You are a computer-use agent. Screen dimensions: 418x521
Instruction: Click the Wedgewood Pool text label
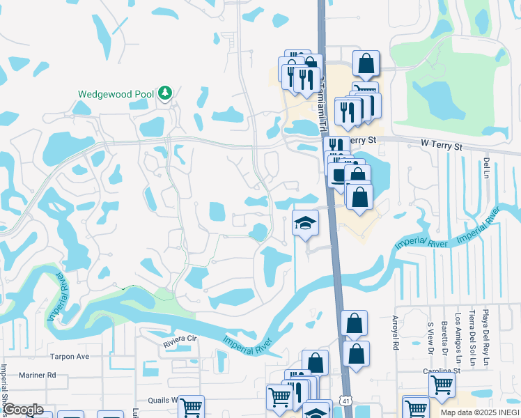[x=115, y=93]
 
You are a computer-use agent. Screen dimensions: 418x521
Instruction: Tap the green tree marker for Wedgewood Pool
[x=165, y=93]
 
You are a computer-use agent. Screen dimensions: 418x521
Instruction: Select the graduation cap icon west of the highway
[x=305, y=223]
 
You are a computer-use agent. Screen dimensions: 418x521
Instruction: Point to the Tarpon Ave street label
[x=70, y=356]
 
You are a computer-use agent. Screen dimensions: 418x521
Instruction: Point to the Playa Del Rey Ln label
[x=485, y=337]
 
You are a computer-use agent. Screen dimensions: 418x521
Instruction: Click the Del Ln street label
[x=485, y=168]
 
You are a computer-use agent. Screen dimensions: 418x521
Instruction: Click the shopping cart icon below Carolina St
[x=442, y=384]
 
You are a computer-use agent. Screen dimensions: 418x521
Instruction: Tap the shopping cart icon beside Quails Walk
[x=191, y=407]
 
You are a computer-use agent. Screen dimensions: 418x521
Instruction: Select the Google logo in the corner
[x=23, y=410]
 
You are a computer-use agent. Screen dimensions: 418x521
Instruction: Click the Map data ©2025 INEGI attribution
[x=480, y=412]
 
